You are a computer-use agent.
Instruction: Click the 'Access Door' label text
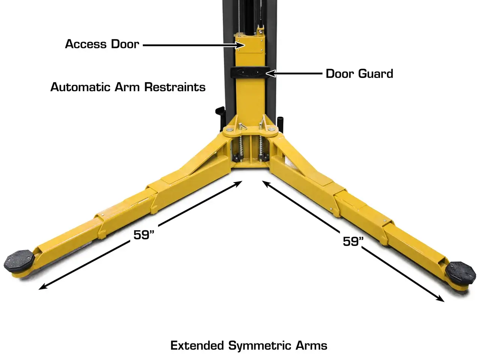pyautogui.click(x=102, y=44)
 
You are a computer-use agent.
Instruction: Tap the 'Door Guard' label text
pyautogui.click(x=359, y=73)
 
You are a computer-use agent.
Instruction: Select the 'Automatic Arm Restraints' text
pyautogui.click(x=128, y=87)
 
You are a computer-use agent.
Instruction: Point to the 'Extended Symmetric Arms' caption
pyautogui.click(x=249, y=346)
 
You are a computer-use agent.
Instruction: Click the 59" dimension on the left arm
pyautogui.click(x=144, y=235)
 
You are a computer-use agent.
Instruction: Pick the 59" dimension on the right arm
pyautogui.click(x=353, y=241)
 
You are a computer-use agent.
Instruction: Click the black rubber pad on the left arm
pyautogui.click(x=19, y=261)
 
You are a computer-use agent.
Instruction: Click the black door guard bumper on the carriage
pyautogui.click(x=250, y=72)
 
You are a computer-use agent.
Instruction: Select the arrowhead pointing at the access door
pyautogui.click(x=240, y=45)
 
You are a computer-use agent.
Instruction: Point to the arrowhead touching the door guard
pyautogui.click(x=271, y=73)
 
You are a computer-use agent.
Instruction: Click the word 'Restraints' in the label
pyautogui.click(x=175, y=87)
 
